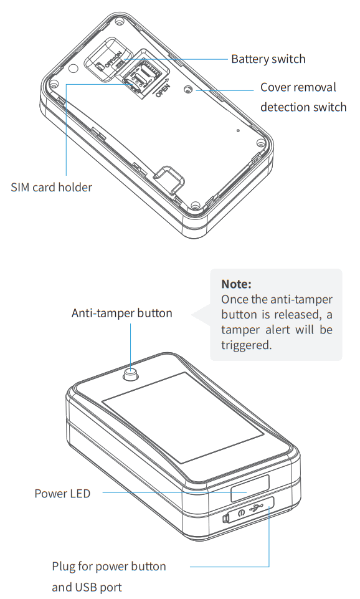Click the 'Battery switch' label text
point(268,59)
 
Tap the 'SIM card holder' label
point(51,187)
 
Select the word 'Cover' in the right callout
point(277,87)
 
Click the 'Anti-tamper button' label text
point(121,313)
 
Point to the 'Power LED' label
point(62,494)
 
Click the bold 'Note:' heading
point(236,284)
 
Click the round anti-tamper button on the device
point(131,375)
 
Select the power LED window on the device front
point(249,488)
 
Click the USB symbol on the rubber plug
point(256,509)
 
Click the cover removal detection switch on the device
point(188,89)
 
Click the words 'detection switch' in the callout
point(303,107)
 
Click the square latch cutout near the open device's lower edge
point(169,179)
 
